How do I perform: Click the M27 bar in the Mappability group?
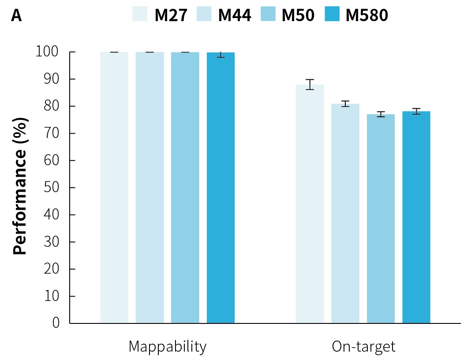(114, 187)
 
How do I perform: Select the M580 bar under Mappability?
(221, 187)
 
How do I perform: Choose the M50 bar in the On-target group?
(381, 219)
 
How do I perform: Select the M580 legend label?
(367, 15)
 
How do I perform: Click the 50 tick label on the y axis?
(52, 188)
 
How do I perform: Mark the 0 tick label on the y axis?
(56, 323)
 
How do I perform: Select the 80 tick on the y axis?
(52, 106)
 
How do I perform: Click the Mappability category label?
(167, 347)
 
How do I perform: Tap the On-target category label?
(363, 347)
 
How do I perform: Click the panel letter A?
(16, 15)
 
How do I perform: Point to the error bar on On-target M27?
(310, 84)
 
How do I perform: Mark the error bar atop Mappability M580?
(221, 53)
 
